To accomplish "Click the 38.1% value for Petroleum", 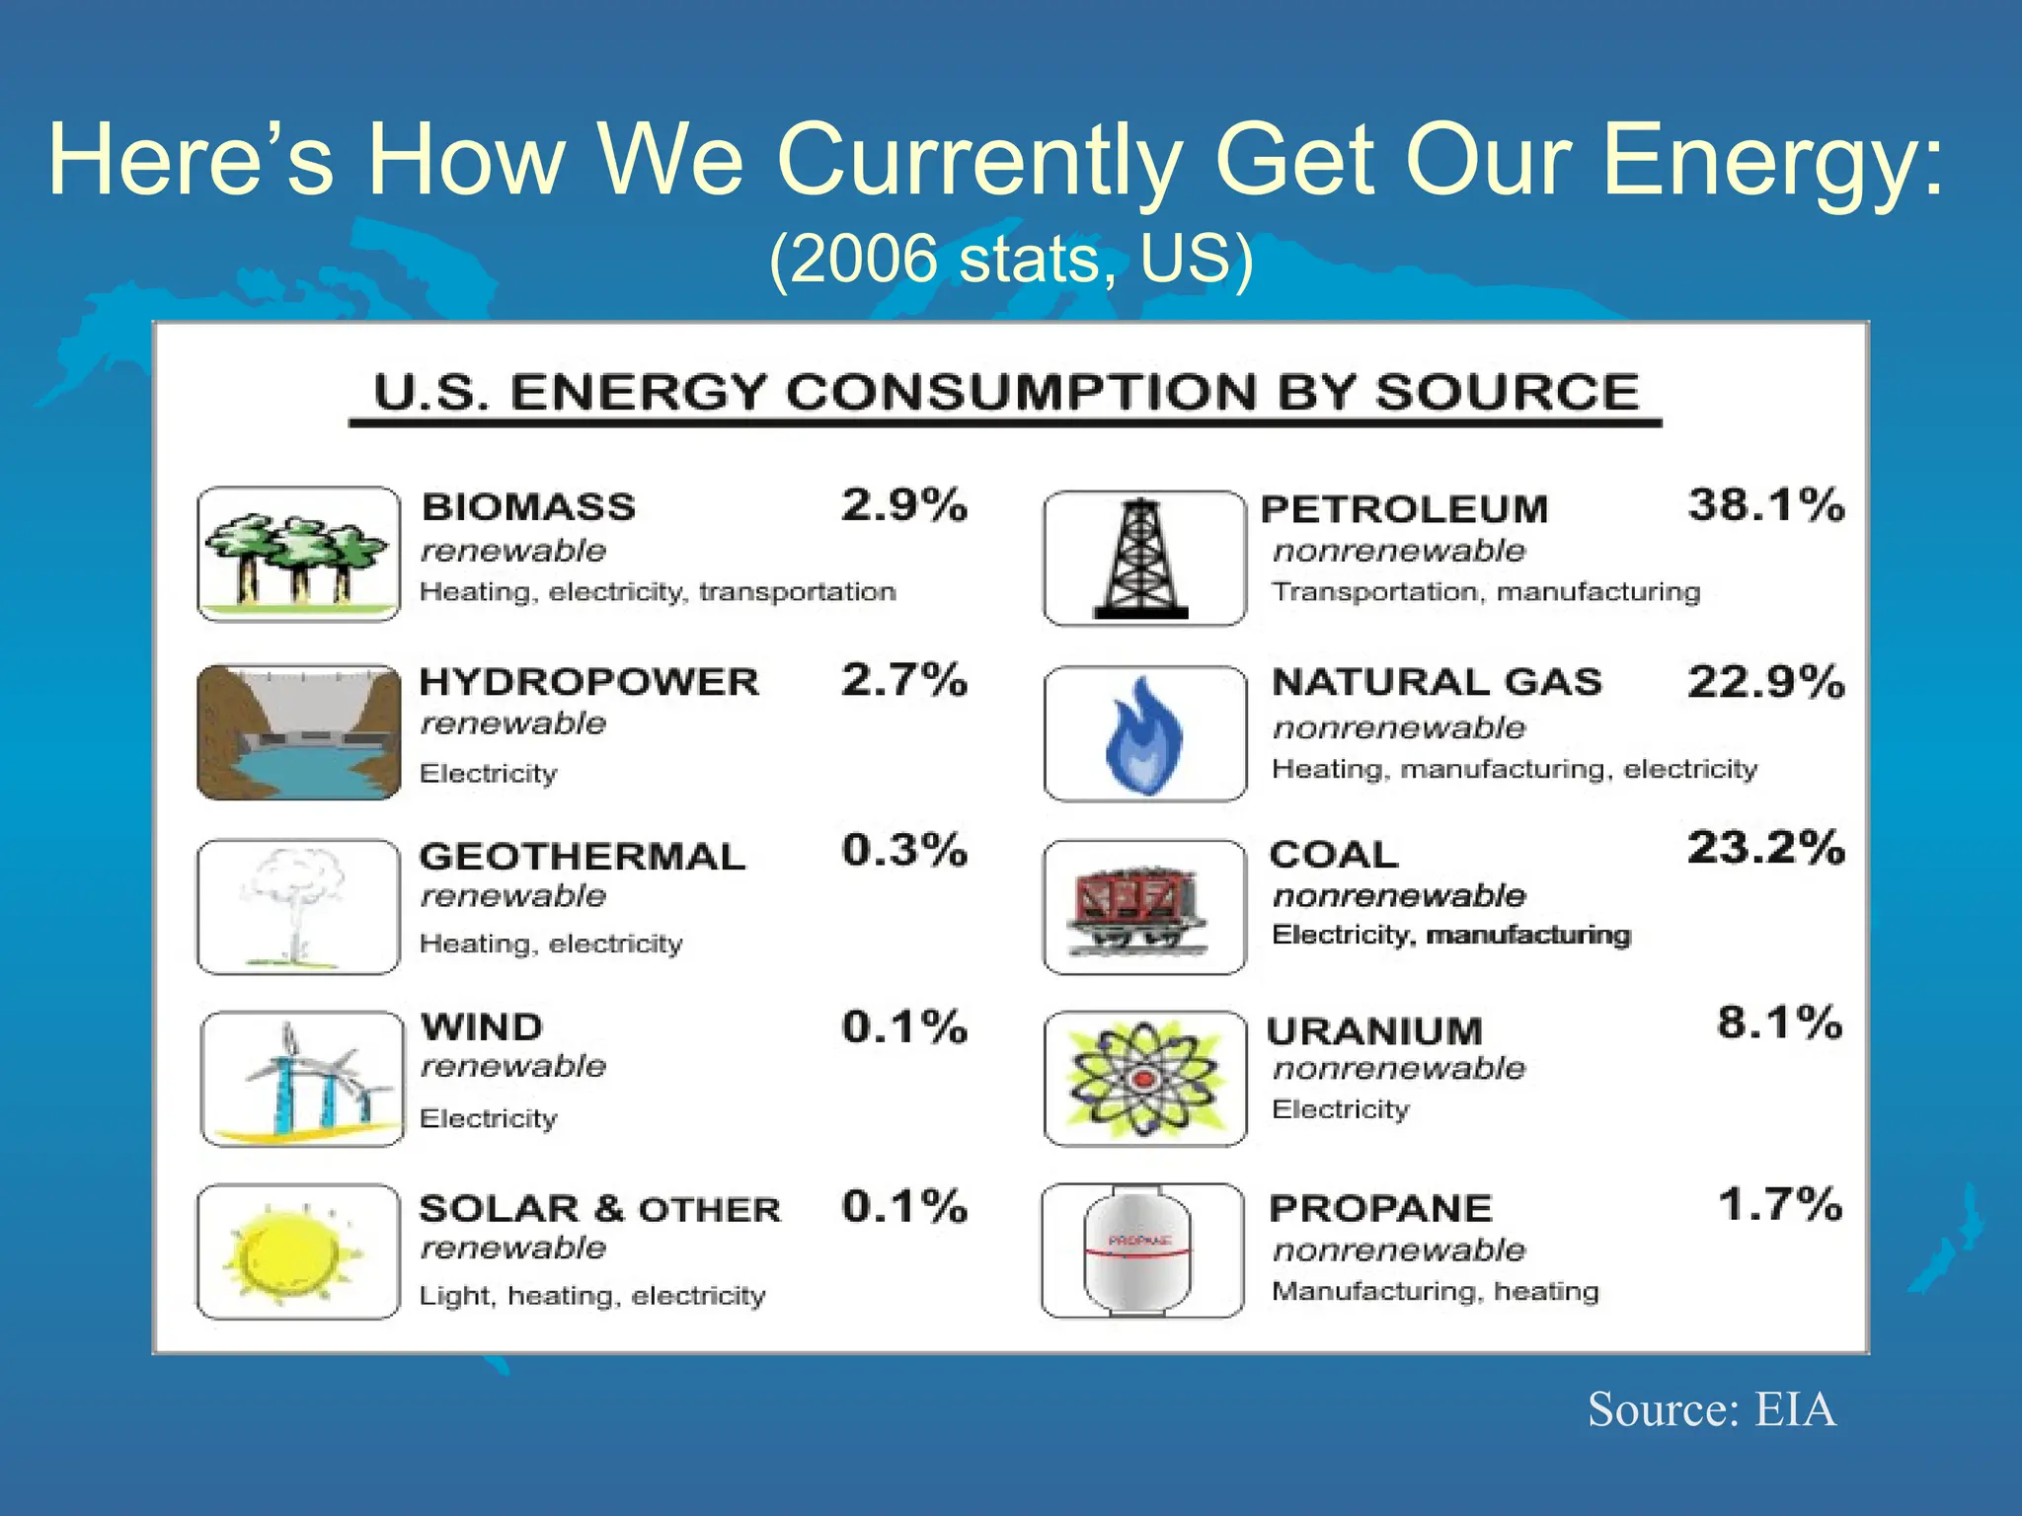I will tap(1765, 505).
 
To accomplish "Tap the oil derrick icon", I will tap(1142, 559).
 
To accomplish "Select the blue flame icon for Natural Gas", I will tap(1143, 735).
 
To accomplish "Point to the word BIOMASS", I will tap(528, 507).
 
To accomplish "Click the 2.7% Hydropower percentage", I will tap(903, 680).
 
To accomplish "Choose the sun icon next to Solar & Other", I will tap(294, 1253).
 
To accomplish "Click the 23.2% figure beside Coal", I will tap(1765, 848).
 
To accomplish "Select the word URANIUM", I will tap(1374, 1032).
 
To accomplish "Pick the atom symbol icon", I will tap(1143, 1079).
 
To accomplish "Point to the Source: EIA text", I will tap(1711, 1409).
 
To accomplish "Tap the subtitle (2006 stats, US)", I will tap(1011, 260).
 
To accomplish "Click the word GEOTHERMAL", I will tap(583, 857).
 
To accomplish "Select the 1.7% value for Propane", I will tap(1779, 1205).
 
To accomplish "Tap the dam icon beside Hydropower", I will tap(298, 732).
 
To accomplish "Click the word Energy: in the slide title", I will tap(1773, 161).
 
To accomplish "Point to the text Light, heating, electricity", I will tap(592, 1296).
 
